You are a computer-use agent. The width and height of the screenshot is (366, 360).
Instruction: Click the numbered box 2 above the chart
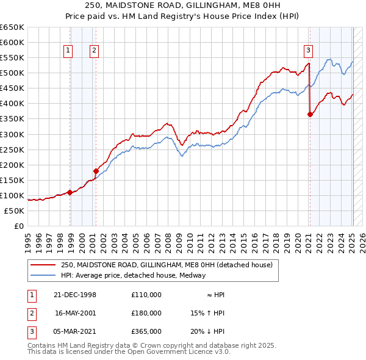click(x=94, y=51)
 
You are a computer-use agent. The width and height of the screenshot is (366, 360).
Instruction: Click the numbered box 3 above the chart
click(x=309, y=51)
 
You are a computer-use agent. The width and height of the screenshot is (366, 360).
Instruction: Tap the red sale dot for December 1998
click(x=70, y=192)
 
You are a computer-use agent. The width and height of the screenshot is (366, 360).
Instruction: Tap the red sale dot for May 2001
click(x=96, y=171)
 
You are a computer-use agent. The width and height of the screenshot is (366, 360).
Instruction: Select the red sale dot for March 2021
click(x=310, y=114)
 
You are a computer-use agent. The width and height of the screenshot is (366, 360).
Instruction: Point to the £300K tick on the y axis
click(x=12, y=134)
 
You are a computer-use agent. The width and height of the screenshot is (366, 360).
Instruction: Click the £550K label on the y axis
click(x=12, y=58)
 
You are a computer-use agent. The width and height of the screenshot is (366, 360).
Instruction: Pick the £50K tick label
click(x=14, y=211)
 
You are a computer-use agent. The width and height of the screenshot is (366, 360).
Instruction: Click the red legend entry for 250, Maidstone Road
click(x=170, y=265)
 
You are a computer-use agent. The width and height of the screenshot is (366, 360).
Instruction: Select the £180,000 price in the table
click(x=146, y=313)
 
